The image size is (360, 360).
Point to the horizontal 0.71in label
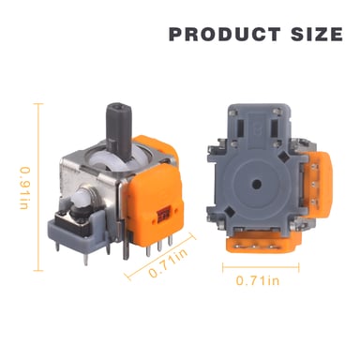[259, 279]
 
